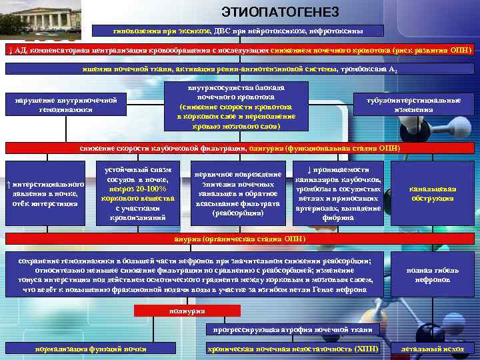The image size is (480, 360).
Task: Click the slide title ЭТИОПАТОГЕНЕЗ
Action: [x=279, y=13]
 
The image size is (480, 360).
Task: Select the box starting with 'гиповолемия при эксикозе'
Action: [x=240, y=30]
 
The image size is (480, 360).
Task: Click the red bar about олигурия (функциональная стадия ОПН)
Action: [x=240, y=148]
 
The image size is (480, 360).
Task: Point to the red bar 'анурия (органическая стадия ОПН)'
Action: [x=240, y=239]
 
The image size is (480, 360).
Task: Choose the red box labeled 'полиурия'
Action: [x=177, y=311]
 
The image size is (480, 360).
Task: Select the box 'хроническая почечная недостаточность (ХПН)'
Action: [x=293, y=349]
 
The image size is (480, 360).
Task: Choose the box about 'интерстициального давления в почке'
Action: [x=45, y=194]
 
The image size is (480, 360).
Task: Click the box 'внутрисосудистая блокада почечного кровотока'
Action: [x=237, y=106]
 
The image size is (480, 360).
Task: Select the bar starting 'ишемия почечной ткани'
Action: [x=240, y=69]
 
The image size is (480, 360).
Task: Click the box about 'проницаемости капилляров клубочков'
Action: [x=338, y=194]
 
